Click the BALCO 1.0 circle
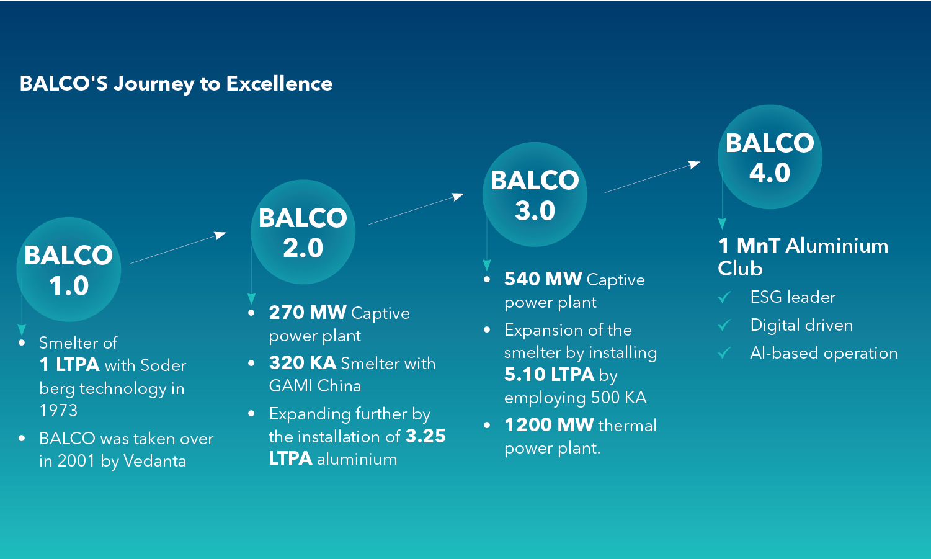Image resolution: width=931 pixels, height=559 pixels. pos(69,270)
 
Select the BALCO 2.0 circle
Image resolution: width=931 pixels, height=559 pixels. pos(303,232)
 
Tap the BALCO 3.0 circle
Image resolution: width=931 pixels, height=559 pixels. pos(535,195)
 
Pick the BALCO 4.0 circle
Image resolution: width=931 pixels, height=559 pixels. pos(770,157)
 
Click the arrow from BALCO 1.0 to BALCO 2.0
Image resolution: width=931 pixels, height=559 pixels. pos(178,248)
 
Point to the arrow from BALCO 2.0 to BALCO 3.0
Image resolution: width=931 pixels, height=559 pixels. pos(416,209)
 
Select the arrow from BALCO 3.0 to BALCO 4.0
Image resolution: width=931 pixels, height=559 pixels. pos(653,177)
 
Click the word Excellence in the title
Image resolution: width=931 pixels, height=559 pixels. pos(279,84)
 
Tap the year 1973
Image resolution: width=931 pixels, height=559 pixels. pos(58,411)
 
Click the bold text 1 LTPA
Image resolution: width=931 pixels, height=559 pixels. pos(69,365)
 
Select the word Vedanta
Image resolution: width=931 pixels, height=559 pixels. pos(154,461)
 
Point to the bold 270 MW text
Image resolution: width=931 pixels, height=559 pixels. pos(308,313)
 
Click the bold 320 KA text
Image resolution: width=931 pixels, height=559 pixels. pos(303,363)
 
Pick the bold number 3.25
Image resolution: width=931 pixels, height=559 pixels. pos(425,436)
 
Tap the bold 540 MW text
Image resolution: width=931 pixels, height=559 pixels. pos(543,279)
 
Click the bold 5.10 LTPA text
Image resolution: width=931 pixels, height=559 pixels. pos(550,375)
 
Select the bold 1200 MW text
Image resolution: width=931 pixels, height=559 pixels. pos(549,425)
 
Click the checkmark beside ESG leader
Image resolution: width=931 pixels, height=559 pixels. pos(724,297)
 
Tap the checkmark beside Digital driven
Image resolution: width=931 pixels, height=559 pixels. pos(724,325)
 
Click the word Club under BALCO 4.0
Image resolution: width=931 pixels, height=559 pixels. pos(740,269)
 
